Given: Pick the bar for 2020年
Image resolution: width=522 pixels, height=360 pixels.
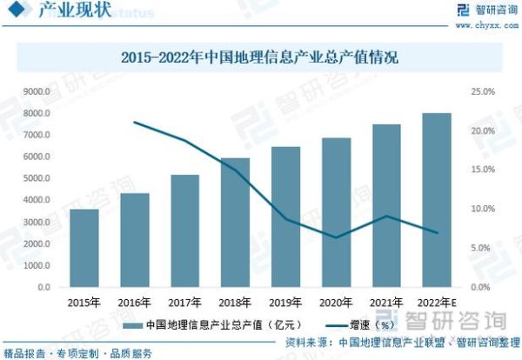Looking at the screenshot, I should [x=336, y=212].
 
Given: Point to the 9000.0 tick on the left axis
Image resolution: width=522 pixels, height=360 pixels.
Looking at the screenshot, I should [x=40, y=91].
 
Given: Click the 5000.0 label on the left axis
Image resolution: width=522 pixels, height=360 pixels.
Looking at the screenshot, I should [x=40, y=178].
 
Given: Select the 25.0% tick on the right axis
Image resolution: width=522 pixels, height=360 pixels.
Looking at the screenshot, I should [x=483, y=91].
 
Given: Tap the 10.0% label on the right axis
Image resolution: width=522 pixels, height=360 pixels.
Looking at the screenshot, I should [x=483, y=209].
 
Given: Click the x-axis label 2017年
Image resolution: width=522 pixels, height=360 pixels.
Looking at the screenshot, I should [x=185, y=302].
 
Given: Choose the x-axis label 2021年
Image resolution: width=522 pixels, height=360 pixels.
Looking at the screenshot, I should [x=386, y=302].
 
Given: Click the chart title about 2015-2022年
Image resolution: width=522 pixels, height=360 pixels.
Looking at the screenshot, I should [x=260, y=60].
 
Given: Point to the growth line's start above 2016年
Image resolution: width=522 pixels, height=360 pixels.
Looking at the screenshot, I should [x=135, y=122].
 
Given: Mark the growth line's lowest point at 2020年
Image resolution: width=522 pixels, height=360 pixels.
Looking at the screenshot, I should [x=336, y=237].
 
